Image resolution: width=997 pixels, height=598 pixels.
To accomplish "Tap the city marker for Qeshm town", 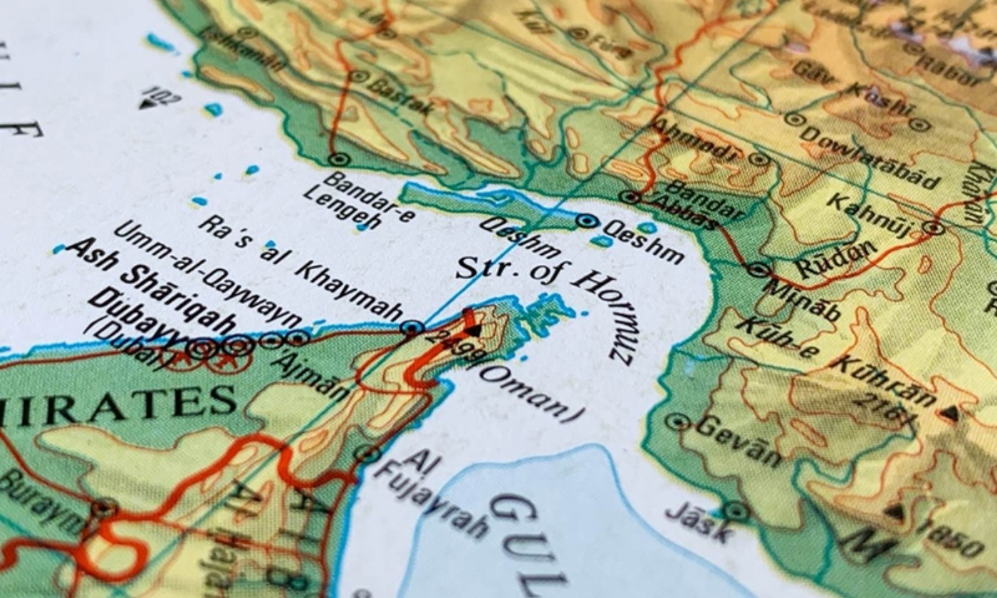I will (587, 221).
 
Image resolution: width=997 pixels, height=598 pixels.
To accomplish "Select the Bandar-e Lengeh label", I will (356, 198).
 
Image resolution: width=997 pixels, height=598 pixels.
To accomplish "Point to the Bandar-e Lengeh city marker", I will (339, 159).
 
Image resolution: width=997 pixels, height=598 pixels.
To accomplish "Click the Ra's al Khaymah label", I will (299, 267).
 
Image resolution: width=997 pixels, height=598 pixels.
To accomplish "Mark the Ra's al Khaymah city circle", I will (412, 327).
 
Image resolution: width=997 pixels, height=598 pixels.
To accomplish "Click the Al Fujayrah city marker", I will (367, 453).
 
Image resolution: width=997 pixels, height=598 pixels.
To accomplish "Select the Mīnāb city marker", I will (758, 269).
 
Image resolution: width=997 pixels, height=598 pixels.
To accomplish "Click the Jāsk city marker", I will (735, 510).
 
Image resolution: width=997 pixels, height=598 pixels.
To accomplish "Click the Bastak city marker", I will (359, 76).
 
